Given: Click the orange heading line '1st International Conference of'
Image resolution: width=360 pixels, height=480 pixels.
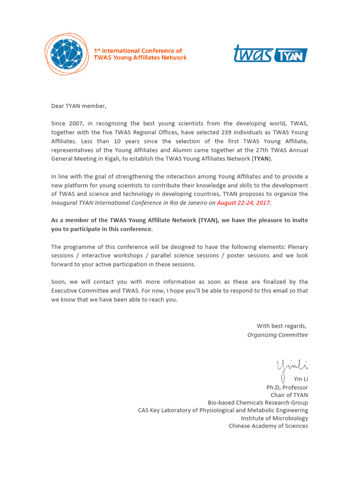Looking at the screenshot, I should tap(138, 51).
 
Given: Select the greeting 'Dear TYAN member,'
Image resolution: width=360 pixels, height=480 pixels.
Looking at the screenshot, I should tap(79, 106).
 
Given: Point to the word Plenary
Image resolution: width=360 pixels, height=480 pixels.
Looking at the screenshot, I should tap(298, 247).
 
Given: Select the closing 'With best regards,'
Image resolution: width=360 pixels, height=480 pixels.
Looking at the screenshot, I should tap(281, 326).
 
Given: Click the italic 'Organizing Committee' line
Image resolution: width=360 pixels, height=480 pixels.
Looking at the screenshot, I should tap(277, 335).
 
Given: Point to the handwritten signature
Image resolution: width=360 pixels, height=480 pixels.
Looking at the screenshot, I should tap(292, 366).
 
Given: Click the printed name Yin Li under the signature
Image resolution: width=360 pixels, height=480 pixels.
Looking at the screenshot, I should tap(300, 379).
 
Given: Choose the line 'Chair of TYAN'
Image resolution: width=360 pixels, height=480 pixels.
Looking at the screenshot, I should tap(289, 395).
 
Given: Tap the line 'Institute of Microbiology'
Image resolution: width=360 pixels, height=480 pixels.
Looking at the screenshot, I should tap(274, 418).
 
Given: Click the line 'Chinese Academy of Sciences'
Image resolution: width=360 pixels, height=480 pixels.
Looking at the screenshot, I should tap(268, 426).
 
